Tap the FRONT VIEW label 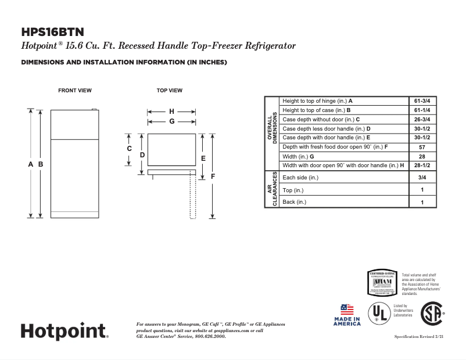[74, 91]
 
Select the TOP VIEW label [170, 91]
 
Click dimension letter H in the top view [171, 111]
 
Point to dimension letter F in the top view [213, 176]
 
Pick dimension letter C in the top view [130, 148]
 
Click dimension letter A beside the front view [31, 164]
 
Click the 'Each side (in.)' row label [300, 178]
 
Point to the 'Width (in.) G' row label [298, 156]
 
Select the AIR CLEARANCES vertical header [272, 189]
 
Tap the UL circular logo [379, 314]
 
